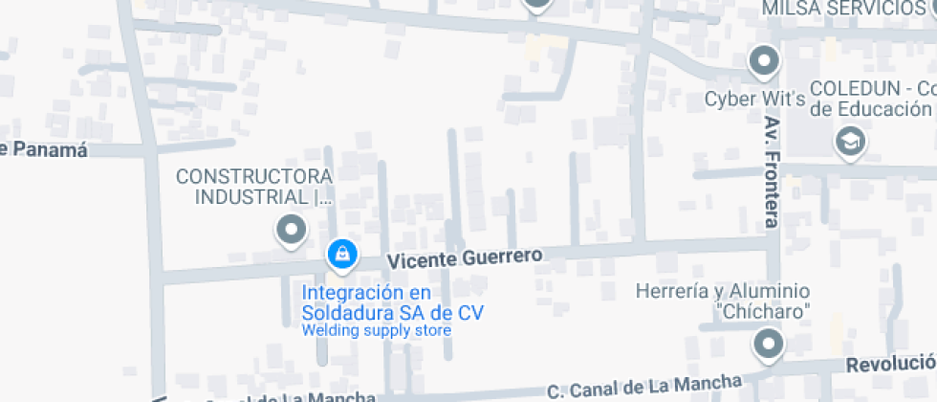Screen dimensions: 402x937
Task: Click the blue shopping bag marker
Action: pyautogui.click(x=341, y=254)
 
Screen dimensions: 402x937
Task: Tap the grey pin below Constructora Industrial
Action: pyautogui.click(x=291, y=230)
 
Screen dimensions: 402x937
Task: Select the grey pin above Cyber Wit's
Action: pyautogui.click(x=763, y=62)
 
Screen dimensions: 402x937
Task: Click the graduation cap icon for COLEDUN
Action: pyautogui.click(x=847, y=143)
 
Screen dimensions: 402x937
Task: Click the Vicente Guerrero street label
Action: pyautogui.click(x=465, y=257)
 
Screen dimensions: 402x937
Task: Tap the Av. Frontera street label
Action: pyautogui.click(x=773, y=172)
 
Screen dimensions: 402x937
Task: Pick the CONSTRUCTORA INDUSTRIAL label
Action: pyautogui.click(x=255, y=187)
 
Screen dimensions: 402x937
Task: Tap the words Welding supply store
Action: pyautogui.click(x=376, y=331)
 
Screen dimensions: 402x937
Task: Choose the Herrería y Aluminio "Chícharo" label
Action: pyautogui.click(x=724, y=301)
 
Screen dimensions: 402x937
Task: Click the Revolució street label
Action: pyautogui.click(x=890, y=364)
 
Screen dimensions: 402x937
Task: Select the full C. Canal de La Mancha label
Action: pyautogui.click(x=644, y=387)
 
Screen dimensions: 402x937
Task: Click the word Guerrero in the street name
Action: pyautogui.click(x=501, y=257)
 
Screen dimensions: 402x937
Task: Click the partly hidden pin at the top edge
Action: pyautogui.click(x=537, y=5)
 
